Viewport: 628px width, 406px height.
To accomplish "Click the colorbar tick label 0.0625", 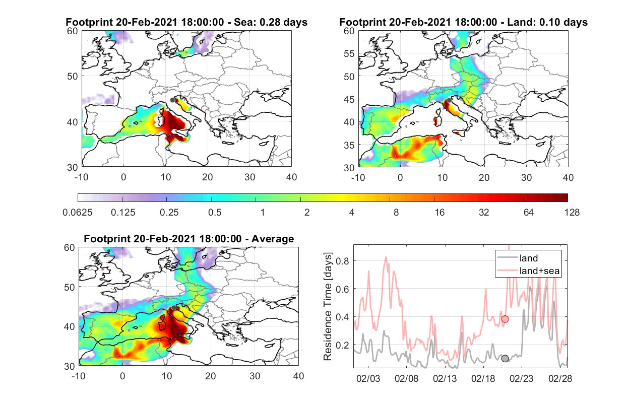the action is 78,213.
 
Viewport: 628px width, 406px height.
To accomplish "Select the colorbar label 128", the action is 572,213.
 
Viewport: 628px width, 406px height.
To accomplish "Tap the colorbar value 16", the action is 439,213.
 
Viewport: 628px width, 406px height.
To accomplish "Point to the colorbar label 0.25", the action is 169,213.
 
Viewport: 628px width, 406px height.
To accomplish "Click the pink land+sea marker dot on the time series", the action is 505,319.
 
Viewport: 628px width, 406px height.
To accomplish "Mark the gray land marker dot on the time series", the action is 505,358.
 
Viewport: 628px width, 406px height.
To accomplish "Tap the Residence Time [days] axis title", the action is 328,306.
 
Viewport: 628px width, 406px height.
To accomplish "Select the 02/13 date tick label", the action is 445,379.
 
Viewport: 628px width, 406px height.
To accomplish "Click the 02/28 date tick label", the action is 560,379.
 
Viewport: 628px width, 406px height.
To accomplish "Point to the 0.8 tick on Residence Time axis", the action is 342,261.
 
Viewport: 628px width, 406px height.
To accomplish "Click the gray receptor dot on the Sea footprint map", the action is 172,100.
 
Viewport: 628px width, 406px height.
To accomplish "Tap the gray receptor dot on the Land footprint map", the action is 449,100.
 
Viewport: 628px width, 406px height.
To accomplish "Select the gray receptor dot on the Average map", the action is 174,308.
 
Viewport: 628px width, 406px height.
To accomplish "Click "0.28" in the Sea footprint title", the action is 269,22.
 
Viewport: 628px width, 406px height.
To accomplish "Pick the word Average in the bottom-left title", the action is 273,239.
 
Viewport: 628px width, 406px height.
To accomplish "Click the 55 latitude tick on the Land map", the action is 349,53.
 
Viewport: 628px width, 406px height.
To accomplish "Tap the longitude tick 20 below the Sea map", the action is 208,177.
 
